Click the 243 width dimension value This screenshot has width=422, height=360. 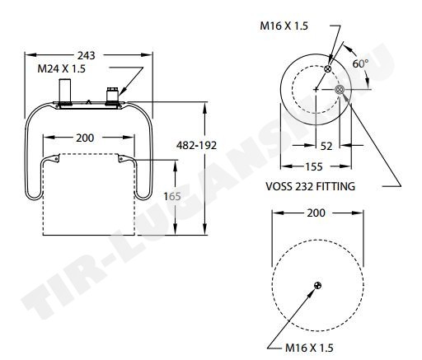tap(86, 55)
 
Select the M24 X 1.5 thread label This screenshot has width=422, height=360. tap(61, 68)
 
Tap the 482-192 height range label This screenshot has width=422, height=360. tap(196, 145)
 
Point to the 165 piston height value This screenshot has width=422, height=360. tap(172, 196)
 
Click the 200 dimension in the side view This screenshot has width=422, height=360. tap(85, 138)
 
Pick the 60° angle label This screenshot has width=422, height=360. tap(360, 63)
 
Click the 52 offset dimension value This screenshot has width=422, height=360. tap(326, 147)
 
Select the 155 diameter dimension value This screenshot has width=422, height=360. tap(314, 166)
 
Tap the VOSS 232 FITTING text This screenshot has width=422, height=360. tap(310, 186)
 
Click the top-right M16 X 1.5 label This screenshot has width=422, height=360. tap(284, 26)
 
